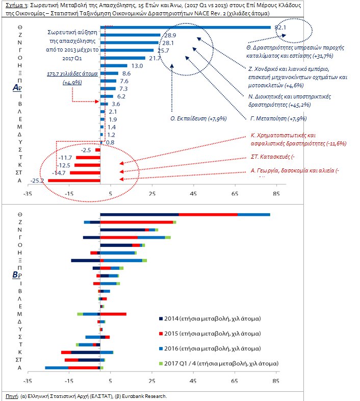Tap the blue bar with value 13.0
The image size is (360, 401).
(114, 65)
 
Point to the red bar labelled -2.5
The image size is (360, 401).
(97, 150)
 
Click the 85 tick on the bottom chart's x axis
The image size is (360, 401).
(276, 381)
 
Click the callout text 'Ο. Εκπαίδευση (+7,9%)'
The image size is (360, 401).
(198, 118)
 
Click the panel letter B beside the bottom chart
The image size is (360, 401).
(15, 275)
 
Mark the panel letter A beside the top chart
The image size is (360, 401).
(15, 88)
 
